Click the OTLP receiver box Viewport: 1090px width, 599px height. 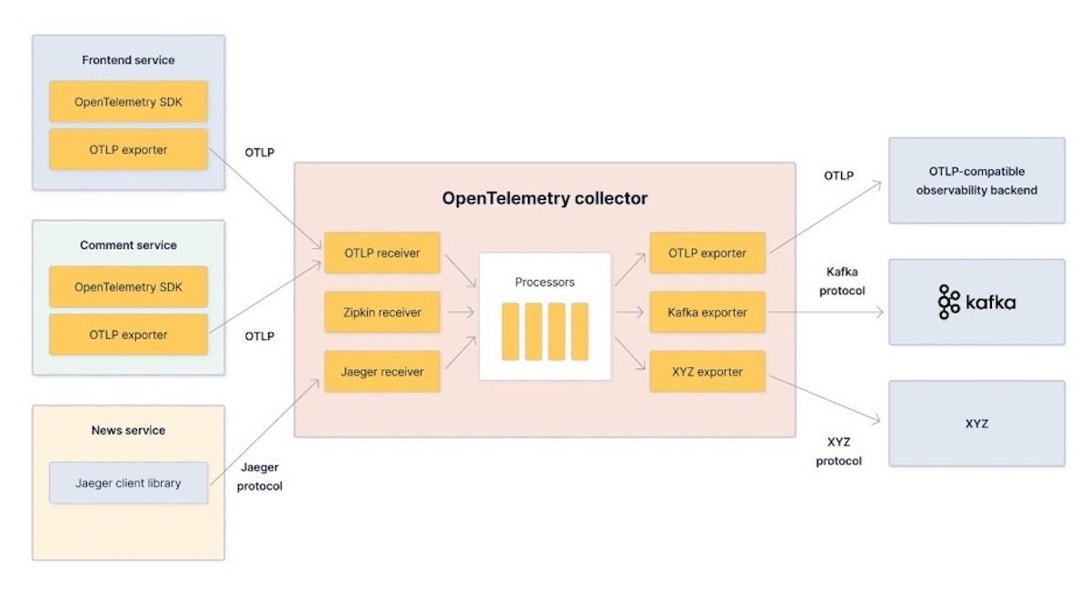point(382,253)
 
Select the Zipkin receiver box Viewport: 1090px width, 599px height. point(382,312)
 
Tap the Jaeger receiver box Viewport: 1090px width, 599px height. point(382,372)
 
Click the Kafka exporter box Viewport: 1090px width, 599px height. point(708,312)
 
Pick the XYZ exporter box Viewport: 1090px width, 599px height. point(708,372)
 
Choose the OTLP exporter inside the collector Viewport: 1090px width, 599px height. point(708,253)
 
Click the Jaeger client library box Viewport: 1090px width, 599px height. point(128,483)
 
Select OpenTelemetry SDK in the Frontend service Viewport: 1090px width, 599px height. point(128,102)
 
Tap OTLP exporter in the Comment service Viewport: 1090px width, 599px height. point(128,334)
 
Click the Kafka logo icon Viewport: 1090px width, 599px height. point(949,302)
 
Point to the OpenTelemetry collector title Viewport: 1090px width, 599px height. point(545,197)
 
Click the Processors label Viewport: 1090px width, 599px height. point(545,282)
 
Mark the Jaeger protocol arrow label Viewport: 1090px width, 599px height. point(260,476)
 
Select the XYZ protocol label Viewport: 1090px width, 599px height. point(838,451)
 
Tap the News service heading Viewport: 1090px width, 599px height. point(128,430)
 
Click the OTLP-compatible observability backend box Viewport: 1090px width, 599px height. point(976,180)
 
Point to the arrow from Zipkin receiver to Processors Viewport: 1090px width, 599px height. point(459,313)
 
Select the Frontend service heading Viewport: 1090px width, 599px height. point(128,60)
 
